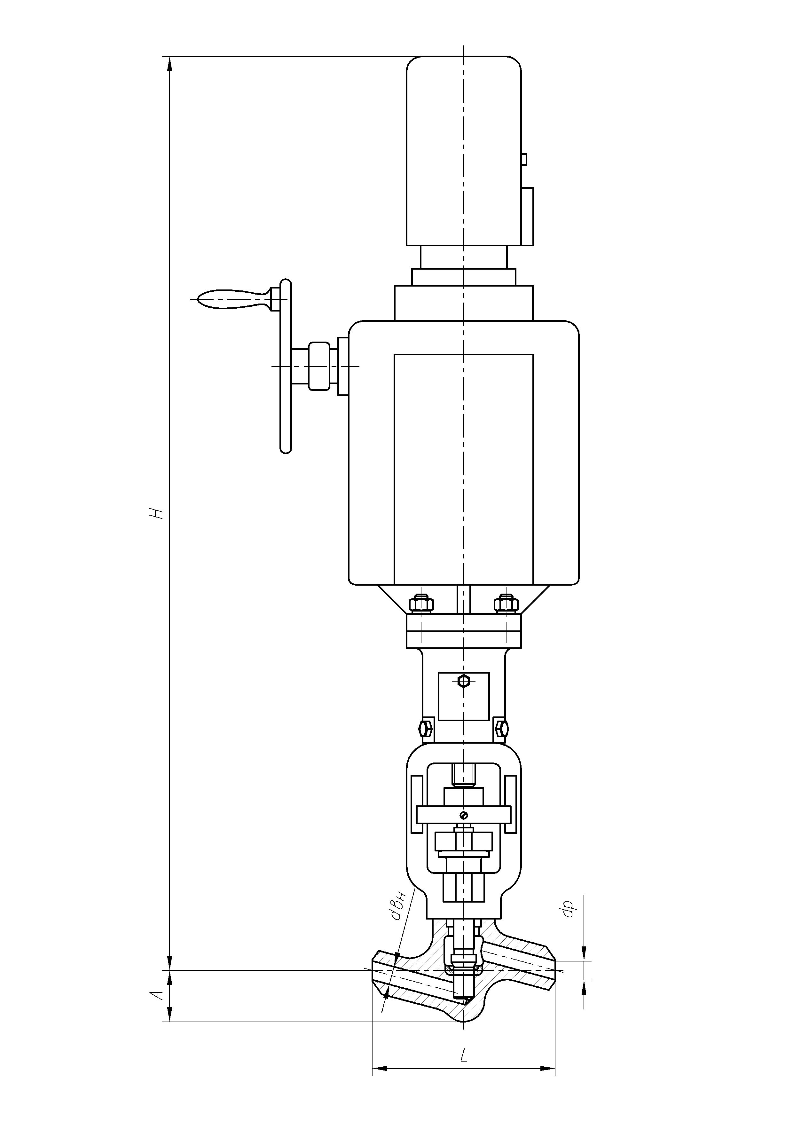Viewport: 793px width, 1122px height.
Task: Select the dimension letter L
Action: (464, 1054)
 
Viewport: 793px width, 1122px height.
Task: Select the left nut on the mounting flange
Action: (421, 604)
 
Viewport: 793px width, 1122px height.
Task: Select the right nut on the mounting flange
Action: (506, 604)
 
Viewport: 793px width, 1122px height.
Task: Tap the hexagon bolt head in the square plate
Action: (464, 681)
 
